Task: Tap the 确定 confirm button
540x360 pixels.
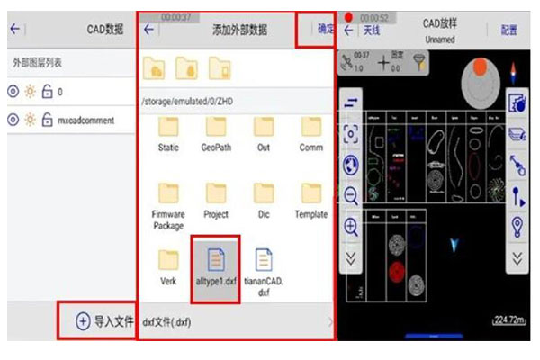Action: coord(325,29)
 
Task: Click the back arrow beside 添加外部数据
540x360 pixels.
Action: coord(149,29)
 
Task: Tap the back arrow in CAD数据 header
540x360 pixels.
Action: coord(14,29)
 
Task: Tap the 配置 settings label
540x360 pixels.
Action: coord(509,30)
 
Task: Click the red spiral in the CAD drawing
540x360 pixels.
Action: coord(397,271)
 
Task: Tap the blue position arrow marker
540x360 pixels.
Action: coord(453,243)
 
